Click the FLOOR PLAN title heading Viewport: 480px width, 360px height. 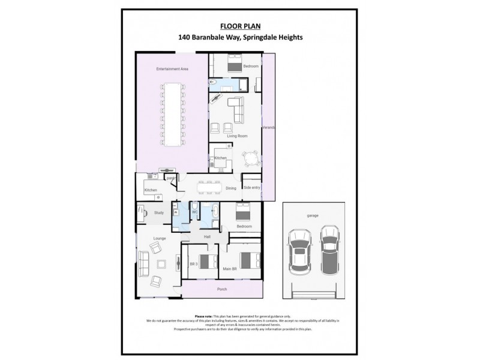[240, 26]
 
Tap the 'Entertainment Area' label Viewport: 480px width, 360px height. [172, 69]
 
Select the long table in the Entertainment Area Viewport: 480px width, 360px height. [173, 114]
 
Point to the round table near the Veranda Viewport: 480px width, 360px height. [251, 160]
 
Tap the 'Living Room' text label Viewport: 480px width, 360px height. [237, 136]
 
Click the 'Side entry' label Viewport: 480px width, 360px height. [252, 188]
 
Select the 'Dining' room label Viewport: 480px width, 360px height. [231, 188]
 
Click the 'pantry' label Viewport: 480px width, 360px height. [170, 178]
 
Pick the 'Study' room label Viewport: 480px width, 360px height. [159, 212]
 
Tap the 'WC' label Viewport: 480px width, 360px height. [195, 212]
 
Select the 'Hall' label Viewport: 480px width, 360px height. [207, 237]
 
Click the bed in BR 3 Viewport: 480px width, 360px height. [208, 261]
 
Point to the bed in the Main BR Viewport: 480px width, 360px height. [246, 260]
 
